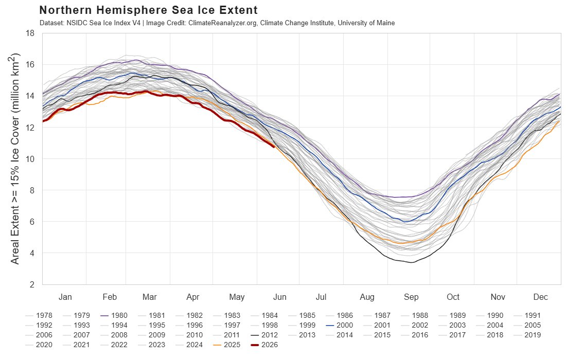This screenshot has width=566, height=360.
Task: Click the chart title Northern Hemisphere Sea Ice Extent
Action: [x=148, y=10]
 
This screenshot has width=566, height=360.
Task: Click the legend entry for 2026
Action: [x=264, y=345]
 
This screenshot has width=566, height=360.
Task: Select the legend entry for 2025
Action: [x=227, y=345]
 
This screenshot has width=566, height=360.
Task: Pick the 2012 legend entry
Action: [x=264, y=335]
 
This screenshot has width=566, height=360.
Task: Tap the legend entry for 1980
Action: [x=114, y=316]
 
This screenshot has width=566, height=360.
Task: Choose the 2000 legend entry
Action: [x=340, y=326]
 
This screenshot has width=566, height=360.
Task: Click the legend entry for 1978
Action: [x=39, y=316]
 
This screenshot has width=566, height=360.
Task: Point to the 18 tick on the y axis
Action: [x=30, y=33]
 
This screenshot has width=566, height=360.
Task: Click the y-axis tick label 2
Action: [x=32, y=284]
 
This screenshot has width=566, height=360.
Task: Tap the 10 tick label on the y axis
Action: [x=30, y=159]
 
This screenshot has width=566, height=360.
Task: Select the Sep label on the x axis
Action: [x=411, y=297]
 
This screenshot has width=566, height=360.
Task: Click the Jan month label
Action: [x=65, y=297]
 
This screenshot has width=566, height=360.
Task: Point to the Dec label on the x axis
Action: [x=541, y=297]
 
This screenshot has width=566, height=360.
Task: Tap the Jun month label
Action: [x=280, y=297]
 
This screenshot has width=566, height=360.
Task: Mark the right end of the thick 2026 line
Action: [x=274, y=147]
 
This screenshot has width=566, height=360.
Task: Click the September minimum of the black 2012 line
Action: [x=412, y=262]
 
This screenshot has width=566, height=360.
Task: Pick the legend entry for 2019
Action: [x=527, y=335]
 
